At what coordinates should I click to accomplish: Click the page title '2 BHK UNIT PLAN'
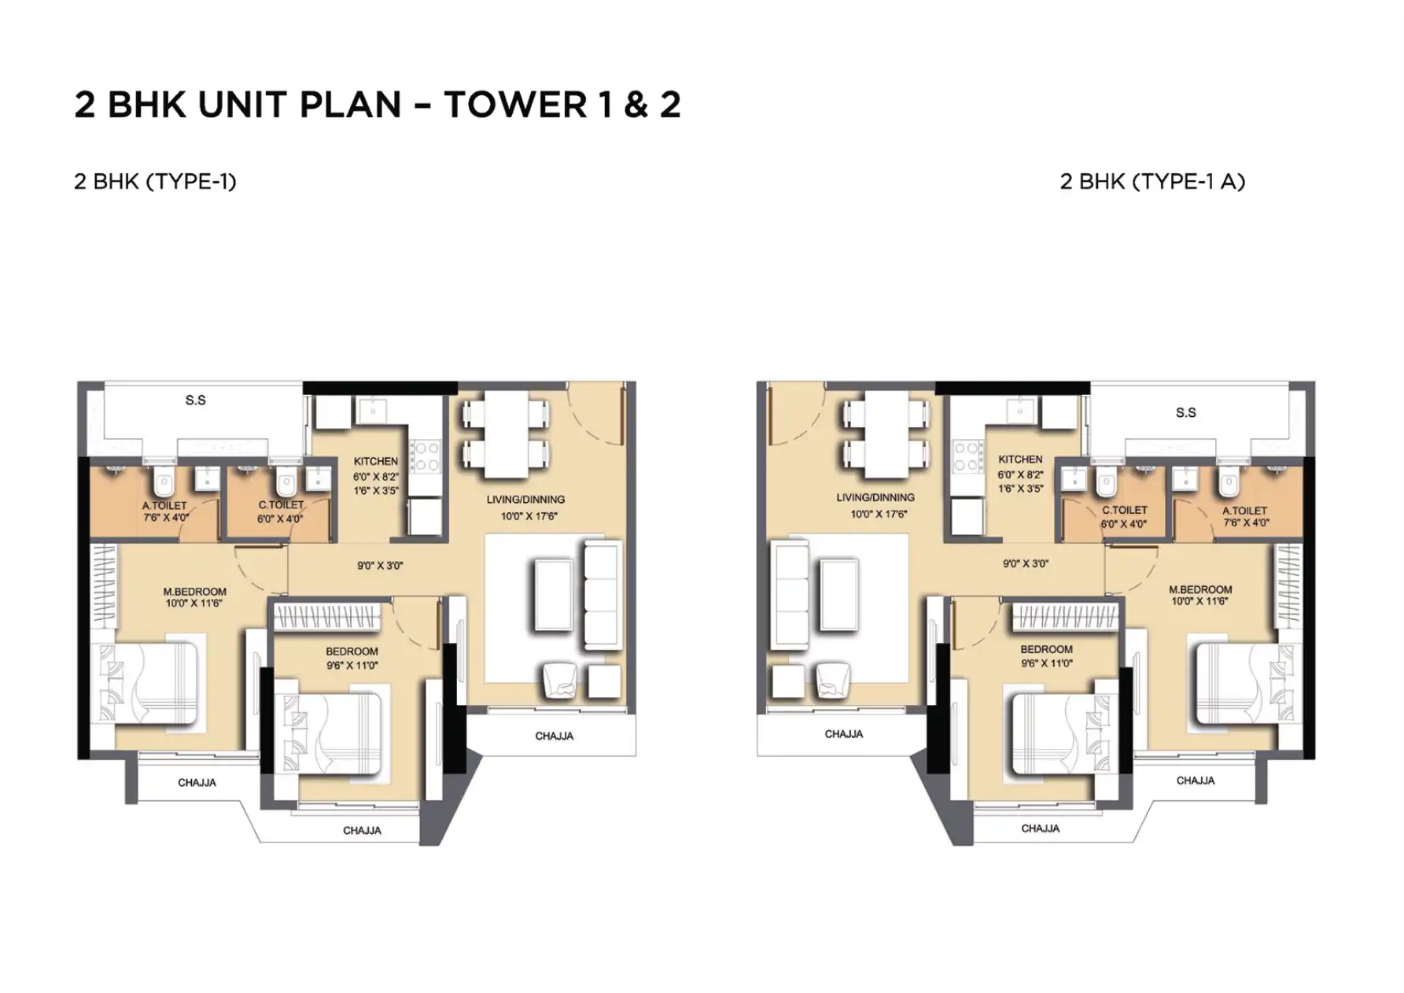238,105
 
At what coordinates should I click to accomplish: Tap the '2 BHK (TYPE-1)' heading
155,182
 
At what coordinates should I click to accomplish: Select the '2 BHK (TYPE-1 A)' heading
1152,182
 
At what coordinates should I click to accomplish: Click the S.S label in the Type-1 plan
196,401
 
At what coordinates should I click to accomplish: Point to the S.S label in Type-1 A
1186,412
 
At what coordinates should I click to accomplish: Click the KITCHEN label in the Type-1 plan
376,461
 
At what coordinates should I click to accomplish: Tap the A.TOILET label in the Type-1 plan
164,505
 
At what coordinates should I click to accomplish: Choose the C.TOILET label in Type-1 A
1125,510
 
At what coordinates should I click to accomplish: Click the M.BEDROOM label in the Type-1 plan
194,592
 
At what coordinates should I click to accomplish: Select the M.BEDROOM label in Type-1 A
1200,589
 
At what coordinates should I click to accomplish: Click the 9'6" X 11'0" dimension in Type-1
352,666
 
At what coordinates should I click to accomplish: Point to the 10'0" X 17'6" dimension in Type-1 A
879,514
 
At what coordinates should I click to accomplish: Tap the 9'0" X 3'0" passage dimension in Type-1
380,566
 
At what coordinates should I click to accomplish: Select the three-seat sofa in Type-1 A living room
790,594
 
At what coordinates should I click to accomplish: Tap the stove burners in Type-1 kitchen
426,456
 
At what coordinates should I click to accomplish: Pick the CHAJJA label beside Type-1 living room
555,736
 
